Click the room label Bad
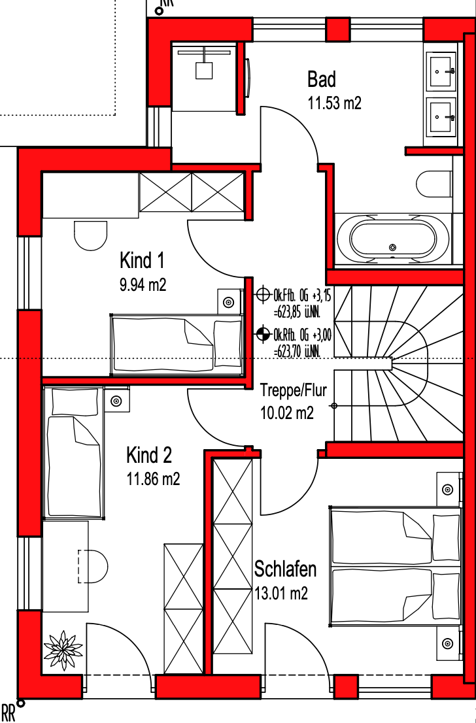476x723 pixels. (322, 79)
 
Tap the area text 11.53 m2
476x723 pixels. (334, 103)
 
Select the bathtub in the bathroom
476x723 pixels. (392, 239)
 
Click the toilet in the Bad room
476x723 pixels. (434, 184)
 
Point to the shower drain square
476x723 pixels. (203, 71)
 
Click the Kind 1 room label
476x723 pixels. (142, 261)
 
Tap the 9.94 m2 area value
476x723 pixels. (143, 285)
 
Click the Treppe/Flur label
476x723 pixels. (294, 390)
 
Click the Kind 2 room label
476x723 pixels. (149, 456)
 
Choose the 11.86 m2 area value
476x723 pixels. (153, 480)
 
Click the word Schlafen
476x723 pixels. (286, 569)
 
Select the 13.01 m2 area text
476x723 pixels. (281, 594)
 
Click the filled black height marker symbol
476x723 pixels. (263, 333)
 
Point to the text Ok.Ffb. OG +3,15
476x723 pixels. (302, 294)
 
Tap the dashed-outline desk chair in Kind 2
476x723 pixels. (93, 565)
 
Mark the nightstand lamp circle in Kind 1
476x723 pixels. (228, 303)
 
